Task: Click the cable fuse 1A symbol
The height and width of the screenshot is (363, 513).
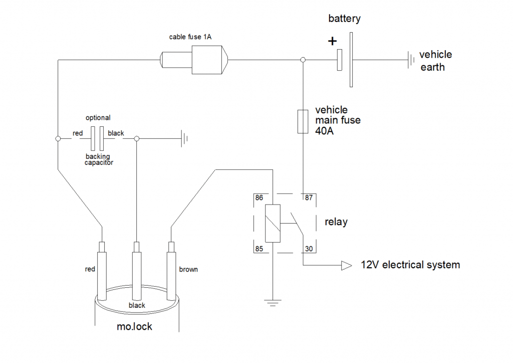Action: pos(194,60)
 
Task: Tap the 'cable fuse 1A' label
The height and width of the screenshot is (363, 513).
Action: pos(190,37)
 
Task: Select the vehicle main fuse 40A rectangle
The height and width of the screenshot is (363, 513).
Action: pos(303,122)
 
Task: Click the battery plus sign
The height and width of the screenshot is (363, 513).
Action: pos(332,41)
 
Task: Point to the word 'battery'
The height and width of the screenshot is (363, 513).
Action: pos(344,19)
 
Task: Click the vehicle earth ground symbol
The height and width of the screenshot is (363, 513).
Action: pos(411,60)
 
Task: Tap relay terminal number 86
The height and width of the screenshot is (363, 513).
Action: pos(259,198)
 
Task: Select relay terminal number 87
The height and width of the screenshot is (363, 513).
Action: pos(309,198)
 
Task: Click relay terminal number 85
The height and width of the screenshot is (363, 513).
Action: pos(259,249)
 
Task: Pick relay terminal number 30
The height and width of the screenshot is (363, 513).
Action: pos(309,249)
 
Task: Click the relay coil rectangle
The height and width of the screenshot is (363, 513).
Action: pos(273,224)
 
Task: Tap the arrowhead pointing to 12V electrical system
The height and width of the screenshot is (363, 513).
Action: pos(347,265)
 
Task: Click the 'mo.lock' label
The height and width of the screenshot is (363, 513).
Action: pos(134,327)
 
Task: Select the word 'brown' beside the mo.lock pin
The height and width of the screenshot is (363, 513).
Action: pos(188,269)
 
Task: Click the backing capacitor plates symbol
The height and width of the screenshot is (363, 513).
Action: pos(97,138)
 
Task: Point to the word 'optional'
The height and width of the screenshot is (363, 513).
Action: pos(98,118)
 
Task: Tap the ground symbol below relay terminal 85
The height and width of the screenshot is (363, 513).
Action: pos(273,303)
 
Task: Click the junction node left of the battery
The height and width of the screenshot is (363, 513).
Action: pos(303,60)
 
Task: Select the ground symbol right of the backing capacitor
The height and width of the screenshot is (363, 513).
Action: pos(184,138)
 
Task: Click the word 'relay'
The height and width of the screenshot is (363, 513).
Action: pos(336,222)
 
